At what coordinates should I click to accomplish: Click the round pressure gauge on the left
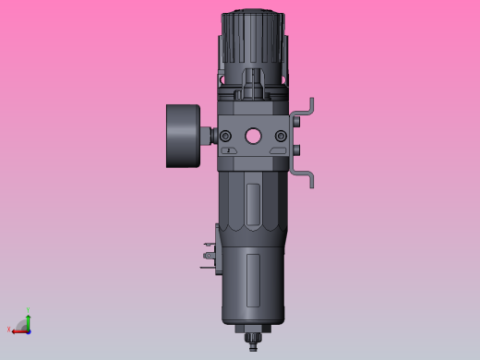[x=182, y=136]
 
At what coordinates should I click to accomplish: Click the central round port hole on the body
[x=253, y=136]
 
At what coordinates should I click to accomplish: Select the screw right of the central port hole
[x=281, y=137]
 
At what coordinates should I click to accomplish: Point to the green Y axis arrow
[x=28, y=319]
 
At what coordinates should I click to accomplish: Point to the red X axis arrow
[x=18, y=329]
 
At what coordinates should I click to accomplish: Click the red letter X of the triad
[x=9, y=330]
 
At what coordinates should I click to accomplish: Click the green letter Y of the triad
[x=28, y=311]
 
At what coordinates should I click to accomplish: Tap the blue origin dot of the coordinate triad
[x=28, y=330]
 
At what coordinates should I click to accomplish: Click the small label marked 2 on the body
[x=228, y=150]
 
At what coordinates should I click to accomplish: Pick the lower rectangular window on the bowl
[x=254, y=280]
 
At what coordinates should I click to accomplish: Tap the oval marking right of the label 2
[x=278, y=150]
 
